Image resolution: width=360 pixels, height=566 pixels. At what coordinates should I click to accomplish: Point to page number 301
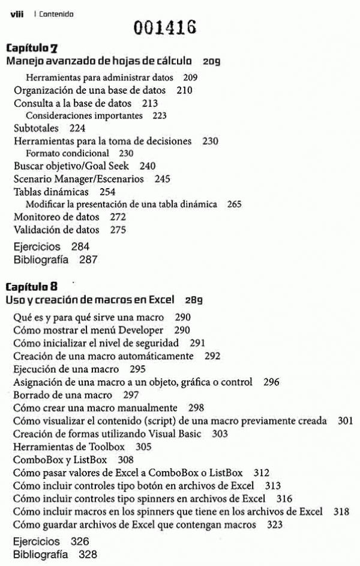tap(346, 421)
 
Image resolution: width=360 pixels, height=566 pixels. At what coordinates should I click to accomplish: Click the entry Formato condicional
tap(67, 153)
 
